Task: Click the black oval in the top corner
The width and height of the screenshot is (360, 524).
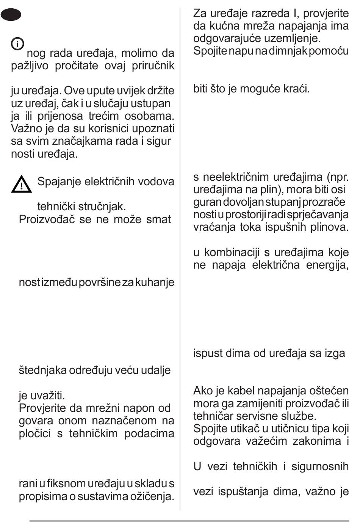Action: point(11,15)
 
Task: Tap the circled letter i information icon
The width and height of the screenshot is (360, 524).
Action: point(17,44)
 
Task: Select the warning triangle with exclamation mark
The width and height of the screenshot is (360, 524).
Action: point(21,184)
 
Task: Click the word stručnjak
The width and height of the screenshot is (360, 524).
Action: point(102,207)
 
